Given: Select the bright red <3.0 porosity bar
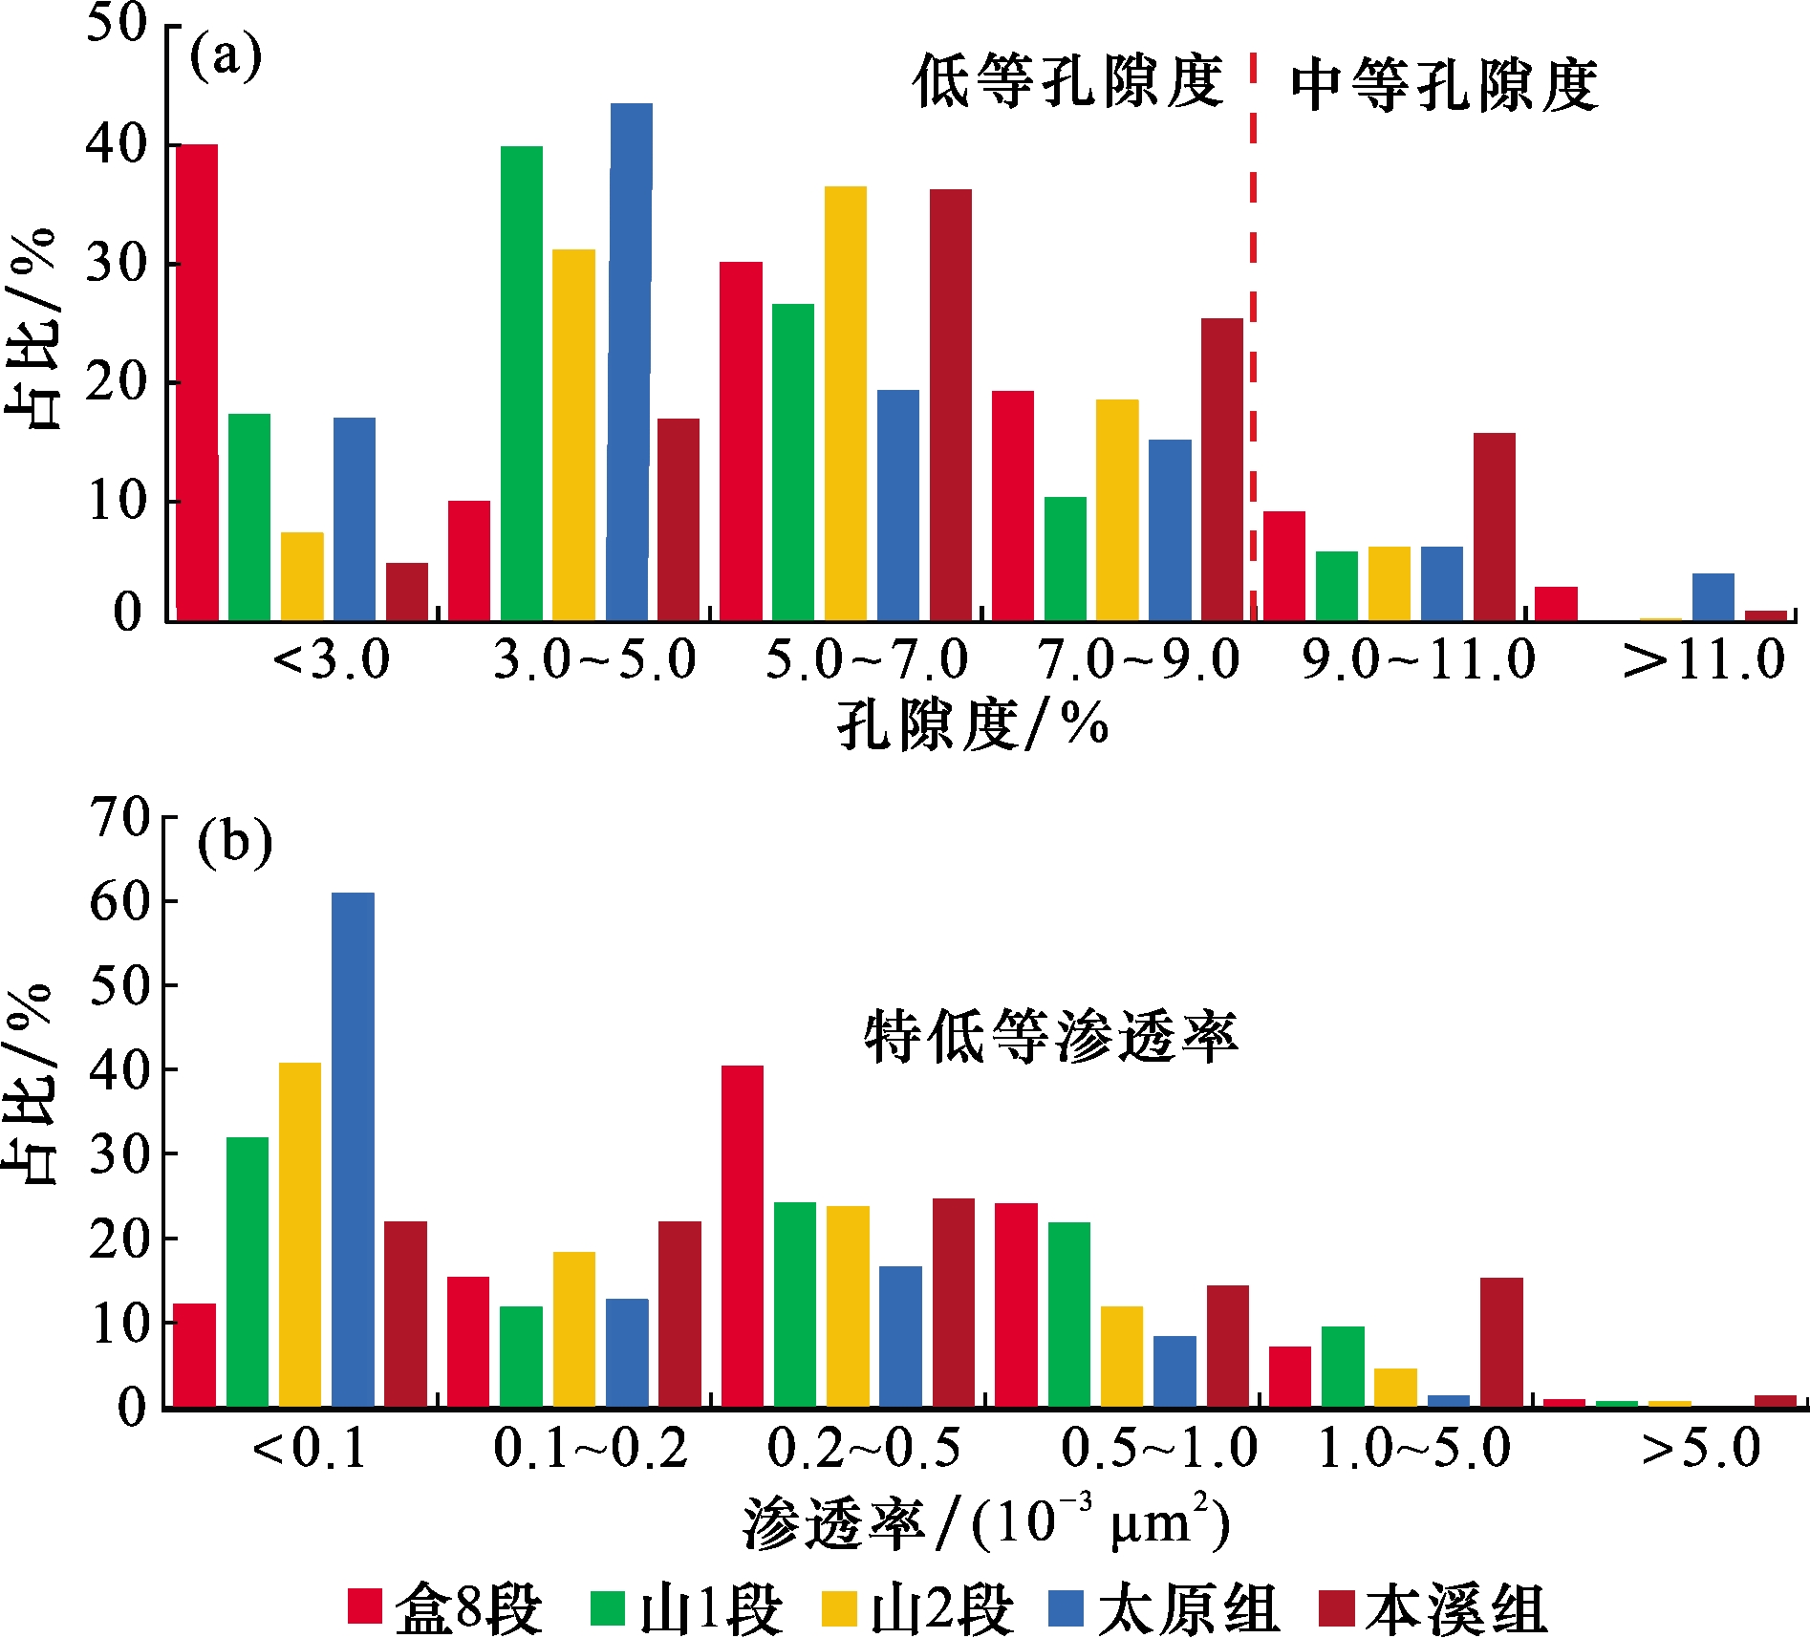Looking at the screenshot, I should [x=197, y=382].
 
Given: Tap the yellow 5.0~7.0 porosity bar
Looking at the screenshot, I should [x=846, y=403].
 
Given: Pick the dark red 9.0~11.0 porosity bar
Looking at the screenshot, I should [x=1494, y=527].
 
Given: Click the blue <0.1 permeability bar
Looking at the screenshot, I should [x=353, y=1149].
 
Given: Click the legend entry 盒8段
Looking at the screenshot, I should [x=445, y=1607].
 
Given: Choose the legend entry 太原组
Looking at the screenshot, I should [x=1164, y=1607].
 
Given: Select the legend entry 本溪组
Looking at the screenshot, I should [x=1433, y=1607].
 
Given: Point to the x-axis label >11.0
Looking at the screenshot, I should [x=1704, y=660].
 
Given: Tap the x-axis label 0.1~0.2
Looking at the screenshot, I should [x=591, y=1448].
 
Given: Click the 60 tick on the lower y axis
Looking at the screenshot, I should [x=119, y=901].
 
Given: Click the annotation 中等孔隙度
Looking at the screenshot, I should [x=1444, y=86].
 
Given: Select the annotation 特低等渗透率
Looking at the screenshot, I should [x=1050, y=1037].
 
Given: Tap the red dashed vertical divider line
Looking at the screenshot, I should [x=1253, y=334].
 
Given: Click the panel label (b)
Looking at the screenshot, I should [x=234, y=843].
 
